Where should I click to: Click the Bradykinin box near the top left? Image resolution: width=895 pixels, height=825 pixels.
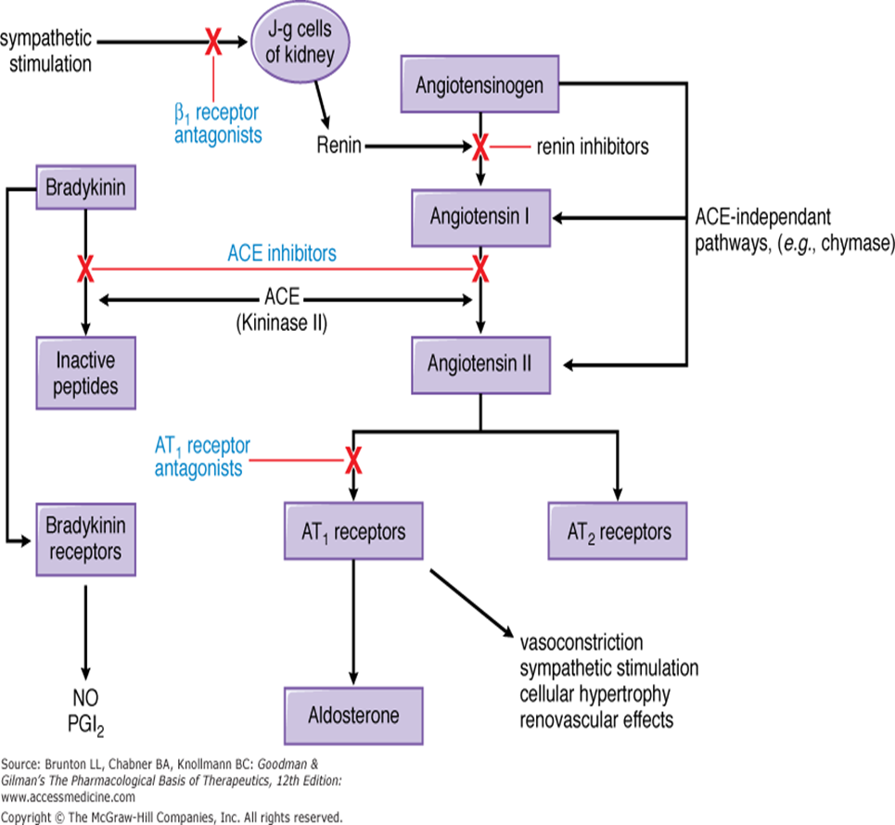pos(83,191)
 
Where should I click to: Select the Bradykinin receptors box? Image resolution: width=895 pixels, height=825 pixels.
pos(83,539)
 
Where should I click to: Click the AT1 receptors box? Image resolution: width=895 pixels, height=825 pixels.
pos(353,532)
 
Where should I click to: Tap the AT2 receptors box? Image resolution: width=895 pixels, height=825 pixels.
pos(618,532)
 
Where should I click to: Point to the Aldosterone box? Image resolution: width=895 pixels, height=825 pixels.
pos(353,717)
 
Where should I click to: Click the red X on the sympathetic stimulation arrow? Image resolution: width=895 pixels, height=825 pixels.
pos(213,41)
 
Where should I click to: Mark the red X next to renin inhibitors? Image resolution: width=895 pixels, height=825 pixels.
pos(480,146)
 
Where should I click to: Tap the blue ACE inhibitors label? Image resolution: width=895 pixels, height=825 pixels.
pos(283,252)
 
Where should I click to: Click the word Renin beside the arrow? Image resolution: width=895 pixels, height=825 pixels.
pos(339,146)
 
